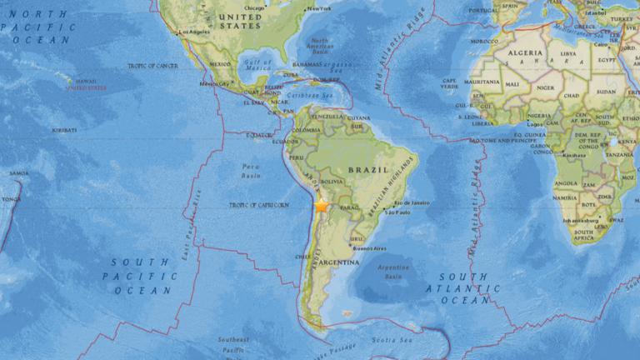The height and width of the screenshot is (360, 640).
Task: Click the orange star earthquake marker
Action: coord(321,205)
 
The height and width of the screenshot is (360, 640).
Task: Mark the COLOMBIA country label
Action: coord(307,129)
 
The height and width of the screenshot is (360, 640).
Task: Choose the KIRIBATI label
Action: coord(64,129)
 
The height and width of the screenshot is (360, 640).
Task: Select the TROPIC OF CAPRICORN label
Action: coord(259,204)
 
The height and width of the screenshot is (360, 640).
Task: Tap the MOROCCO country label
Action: coord(483,41)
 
